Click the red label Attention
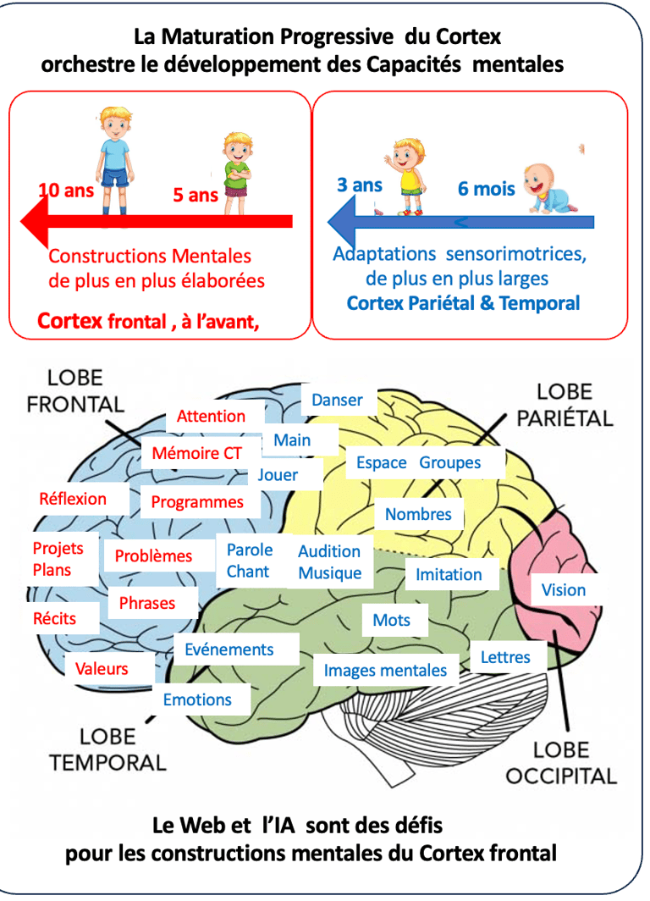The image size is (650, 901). point(211,416)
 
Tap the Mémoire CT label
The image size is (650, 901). point(196,453)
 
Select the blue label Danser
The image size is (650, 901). point(337,400)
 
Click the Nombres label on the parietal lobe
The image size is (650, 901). point(418,514)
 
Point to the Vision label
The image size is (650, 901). point(563,590)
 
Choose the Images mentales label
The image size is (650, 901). point(385,671)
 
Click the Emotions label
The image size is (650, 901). point(197,699)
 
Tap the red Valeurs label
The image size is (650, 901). point(102,668)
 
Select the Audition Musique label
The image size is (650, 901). point(329,562)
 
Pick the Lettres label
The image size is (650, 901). point(505,656)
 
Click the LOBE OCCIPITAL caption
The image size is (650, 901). point(561,761)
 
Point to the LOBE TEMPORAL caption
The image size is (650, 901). point(107,749)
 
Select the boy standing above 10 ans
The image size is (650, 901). point(113,158)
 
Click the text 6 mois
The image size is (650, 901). point(486,188)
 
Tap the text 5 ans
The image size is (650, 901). point(196,195)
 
